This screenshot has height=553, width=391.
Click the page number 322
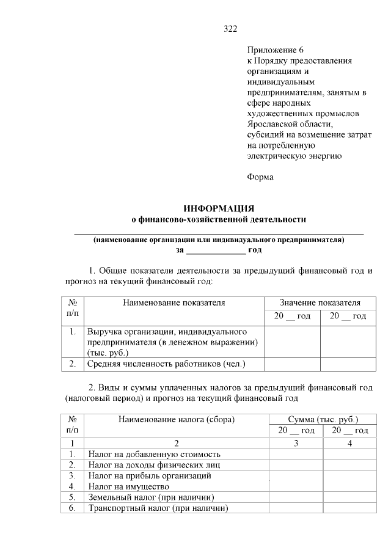click(230, 29)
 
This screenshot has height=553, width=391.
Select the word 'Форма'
click(260, 177)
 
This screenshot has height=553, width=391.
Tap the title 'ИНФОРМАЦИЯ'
click(219, 208)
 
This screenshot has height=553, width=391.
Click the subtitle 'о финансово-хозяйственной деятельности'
click(219, 219)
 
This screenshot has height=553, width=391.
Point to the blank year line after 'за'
click(215, 251)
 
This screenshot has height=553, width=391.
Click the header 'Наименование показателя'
click(174, 302)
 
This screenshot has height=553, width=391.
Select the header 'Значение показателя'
click(320, 302)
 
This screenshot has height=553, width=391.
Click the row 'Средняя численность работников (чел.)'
click(166, 364)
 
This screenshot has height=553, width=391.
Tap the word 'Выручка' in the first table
click(106, 331)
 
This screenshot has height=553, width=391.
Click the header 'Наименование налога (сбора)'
click(177, 419)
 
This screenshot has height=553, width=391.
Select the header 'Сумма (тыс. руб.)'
click(323, 419)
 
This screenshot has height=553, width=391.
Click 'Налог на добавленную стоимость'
click(154, 454)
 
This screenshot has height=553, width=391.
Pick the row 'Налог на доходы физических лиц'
click(153, 464)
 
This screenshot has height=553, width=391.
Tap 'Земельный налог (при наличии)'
click(151, 497)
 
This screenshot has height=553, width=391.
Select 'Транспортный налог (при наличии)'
click(158, 508)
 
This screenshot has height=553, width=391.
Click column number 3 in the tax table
click(296, 443)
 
